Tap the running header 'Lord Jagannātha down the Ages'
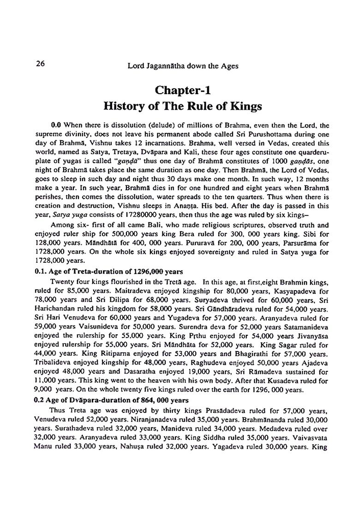pos(183,66)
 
